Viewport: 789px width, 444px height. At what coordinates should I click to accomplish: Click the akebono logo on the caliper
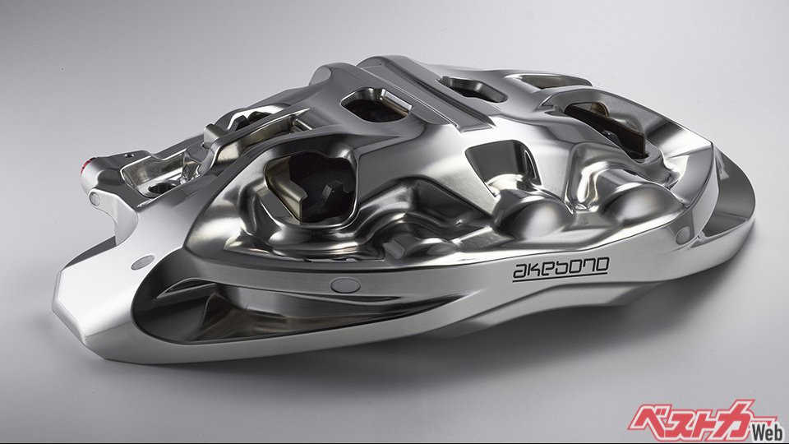[x=561, y=270]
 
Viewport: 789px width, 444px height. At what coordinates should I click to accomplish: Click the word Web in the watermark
[x=768, y=432]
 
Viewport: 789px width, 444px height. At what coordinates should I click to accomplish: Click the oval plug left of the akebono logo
[x=345, y=285]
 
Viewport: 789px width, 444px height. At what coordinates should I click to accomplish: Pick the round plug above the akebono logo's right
[x=683, y=234]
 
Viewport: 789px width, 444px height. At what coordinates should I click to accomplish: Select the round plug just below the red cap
[x=94, y=198]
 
